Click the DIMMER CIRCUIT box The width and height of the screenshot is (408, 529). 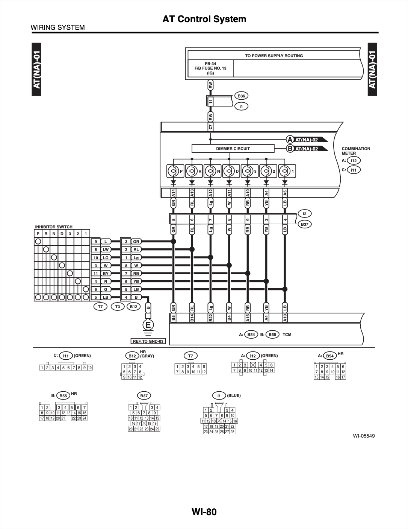pos(233,149)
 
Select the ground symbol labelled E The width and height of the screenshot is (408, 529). pos(148,325)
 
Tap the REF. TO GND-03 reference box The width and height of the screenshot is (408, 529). pos(148,341)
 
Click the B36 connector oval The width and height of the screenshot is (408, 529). pos(241,96)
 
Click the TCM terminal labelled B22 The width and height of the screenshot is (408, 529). pos(210,318)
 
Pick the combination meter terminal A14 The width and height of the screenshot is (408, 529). pos(174,193)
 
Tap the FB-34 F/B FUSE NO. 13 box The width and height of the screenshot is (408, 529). pos(210,68)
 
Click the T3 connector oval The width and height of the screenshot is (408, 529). pos(118,307)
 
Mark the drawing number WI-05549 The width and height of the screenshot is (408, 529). pos(364,436)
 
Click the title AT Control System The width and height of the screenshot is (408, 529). pos(204,19)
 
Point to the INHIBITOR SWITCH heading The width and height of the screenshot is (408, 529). pos(54,227)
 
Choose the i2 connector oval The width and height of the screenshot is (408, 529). pos(304,214)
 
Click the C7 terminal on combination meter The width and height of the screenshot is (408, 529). pos(210,126)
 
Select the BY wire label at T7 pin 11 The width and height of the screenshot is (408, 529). pos(106,274)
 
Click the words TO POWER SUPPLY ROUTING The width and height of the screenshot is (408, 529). pos(274,56)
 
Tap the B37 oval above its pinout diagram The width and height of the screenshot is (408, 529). pos(144,395)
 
